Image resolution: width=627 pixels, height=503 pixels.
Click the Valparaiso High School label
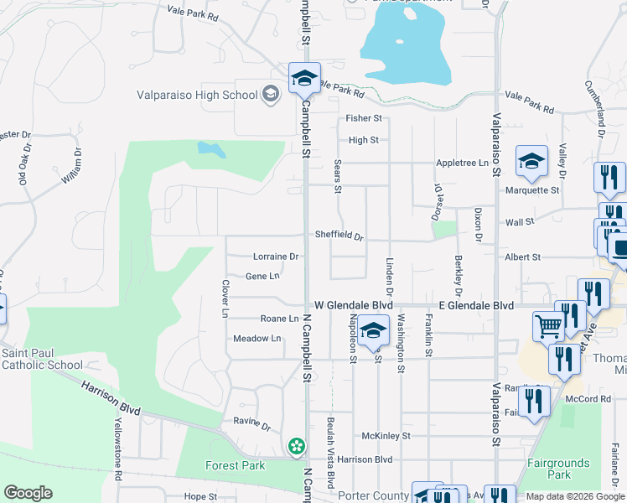(x=198, y=95)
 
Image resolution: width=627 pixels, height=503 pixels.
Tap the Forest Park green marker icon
(x=296, y=446)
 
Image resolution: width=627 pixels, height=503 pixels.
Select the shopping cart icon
(x=548, y=325)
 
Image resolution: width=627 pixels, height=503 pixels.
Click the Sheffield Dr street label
(x=339, y=236)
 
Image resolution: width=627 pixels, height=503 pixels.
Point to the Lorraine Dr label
(x=276, y=257)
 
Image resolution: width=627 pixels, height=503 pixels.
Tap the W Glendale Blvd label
(x=353, y=306)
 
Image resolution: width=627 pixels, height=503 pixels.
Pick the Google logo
(x=28, y=493)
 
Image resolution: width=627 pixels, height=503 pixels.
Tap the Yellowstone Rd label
(x=118, y=449)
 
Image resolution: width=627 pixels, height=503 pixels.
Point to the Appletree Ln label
(x=461, y=163)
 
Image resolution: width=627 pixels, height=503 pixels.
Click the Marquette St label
(x=531, y=190)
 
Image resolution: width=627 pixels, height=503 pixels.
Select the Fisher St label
(x=365, y=119)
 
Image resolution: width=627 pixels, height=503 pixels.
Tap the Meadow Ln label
(x=256, y=339)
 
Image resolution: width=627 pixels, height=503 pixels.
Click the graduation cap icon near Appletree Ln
(x=531, y=162)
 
